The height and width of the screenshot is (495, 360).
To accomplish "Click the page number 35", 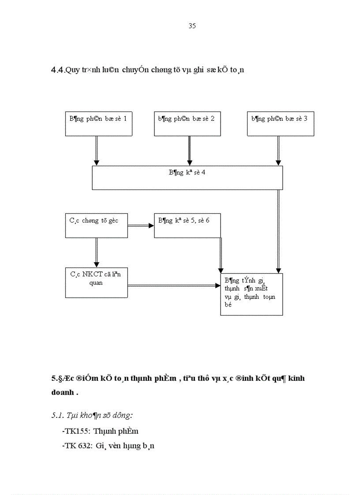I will tap(192, 26).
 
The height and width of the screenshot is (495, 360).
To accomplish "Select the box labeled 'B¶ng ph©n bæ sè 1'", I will tap(99, 124).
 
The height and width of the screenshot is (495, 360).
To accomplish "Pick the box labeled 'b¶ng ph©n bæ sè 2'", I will tap(187, 124).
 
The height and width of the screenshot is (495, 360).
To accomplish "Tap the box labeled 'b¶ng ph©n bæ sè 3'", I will tap(281, 124).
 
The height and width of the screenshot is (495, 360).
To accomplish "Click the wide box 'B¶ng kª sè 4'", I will tap(187, 178).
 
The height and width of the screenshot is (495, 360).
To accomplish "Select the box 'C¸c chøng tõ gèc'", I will tap(96, 225).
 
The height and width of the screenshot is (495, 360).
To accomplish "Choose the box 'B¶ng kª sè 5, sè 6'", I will tap(187, 225).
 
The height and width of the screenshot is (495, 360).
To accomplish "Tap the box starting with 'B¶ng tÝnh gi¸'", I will tap(251, 294).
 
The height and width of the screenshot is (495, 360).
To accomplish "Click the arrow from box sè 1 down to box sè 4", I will tap(97, 150).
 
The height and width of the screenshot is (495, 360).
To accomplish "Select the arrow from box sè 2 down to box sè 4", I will tap(189, 150).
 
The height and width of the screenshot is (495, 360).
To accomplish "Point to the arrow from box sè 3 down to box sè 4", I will tap(278, 150).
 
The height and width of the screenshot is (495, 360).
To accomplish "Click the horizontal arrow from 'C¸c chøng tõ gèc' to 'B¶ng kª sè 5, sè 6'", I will tap(141, 225).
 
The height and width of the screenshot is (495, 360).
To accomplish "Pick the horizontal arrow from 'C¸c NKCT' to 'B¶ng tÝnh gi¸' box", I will tap(174, 286).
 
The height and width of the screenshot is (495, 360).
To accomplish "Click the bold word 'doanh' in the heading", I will tap(61, 393).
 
